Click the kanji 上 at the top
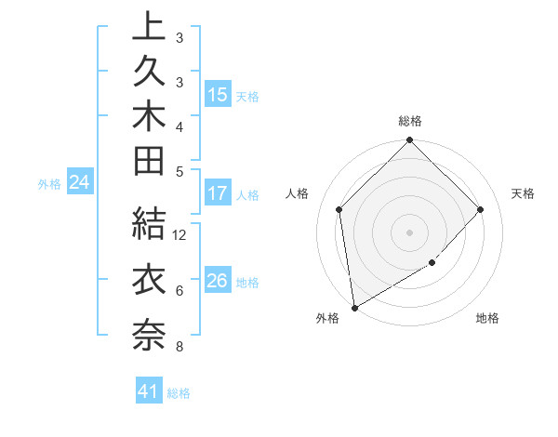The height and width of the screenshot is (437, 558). [149, 29]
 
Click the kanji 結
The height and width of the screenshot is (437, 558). [149, 225]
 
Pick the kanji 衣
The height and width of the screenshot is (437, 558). [149, 280]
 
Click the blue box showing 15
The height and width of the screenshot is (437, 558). [218, 95]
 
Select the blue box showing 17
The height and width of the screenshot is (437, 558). [218, 194]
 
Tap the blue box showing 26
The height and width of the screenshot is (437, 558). [218, 282]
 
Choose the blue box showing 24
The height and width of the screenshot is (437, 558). [79, 183]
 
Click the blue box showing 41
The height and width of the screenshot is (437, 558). [149, 392]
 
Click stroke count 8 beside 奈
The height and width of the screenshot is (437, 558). [179, 348]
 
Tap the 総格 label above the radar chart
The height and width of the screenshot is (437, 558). [410, 122]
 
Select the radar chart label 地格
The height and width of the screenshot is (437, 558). [487, 318]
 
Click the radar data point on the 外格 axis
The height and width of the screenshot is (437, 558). [354, 308]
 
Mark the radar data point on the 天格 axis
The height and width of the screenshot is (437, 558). [481, 209]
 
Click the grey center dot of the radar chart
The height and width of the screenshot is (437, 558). [410, 232]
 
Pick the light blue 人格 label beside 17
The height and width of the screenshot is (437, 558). [247, 195]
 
